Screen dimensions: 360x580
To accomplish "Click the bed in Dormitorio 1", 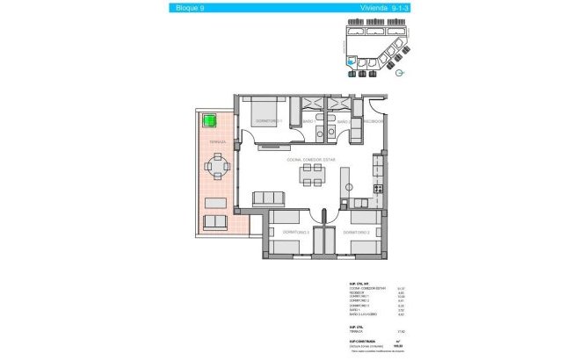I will (268, 111).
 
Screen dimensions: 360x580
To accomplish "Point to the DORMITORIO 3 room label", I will (283, 232).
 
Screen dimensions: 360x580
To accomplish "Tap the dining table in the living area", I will (312, 176).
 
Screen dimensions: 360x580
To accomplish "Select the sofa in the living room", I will (268, 198).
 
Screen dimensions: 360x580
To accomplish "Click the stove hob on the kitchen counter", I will (378, 188).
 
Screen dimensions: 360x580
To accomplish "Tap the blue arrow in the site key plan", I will (352, 62).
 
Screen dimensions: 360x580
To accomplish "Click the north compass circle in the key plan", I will (401, 74).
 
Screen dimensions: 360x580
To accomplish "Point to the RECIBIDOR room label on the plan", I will (373, 122).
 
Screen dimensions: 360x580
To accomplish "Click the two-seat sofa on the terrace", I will (215, 222).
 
